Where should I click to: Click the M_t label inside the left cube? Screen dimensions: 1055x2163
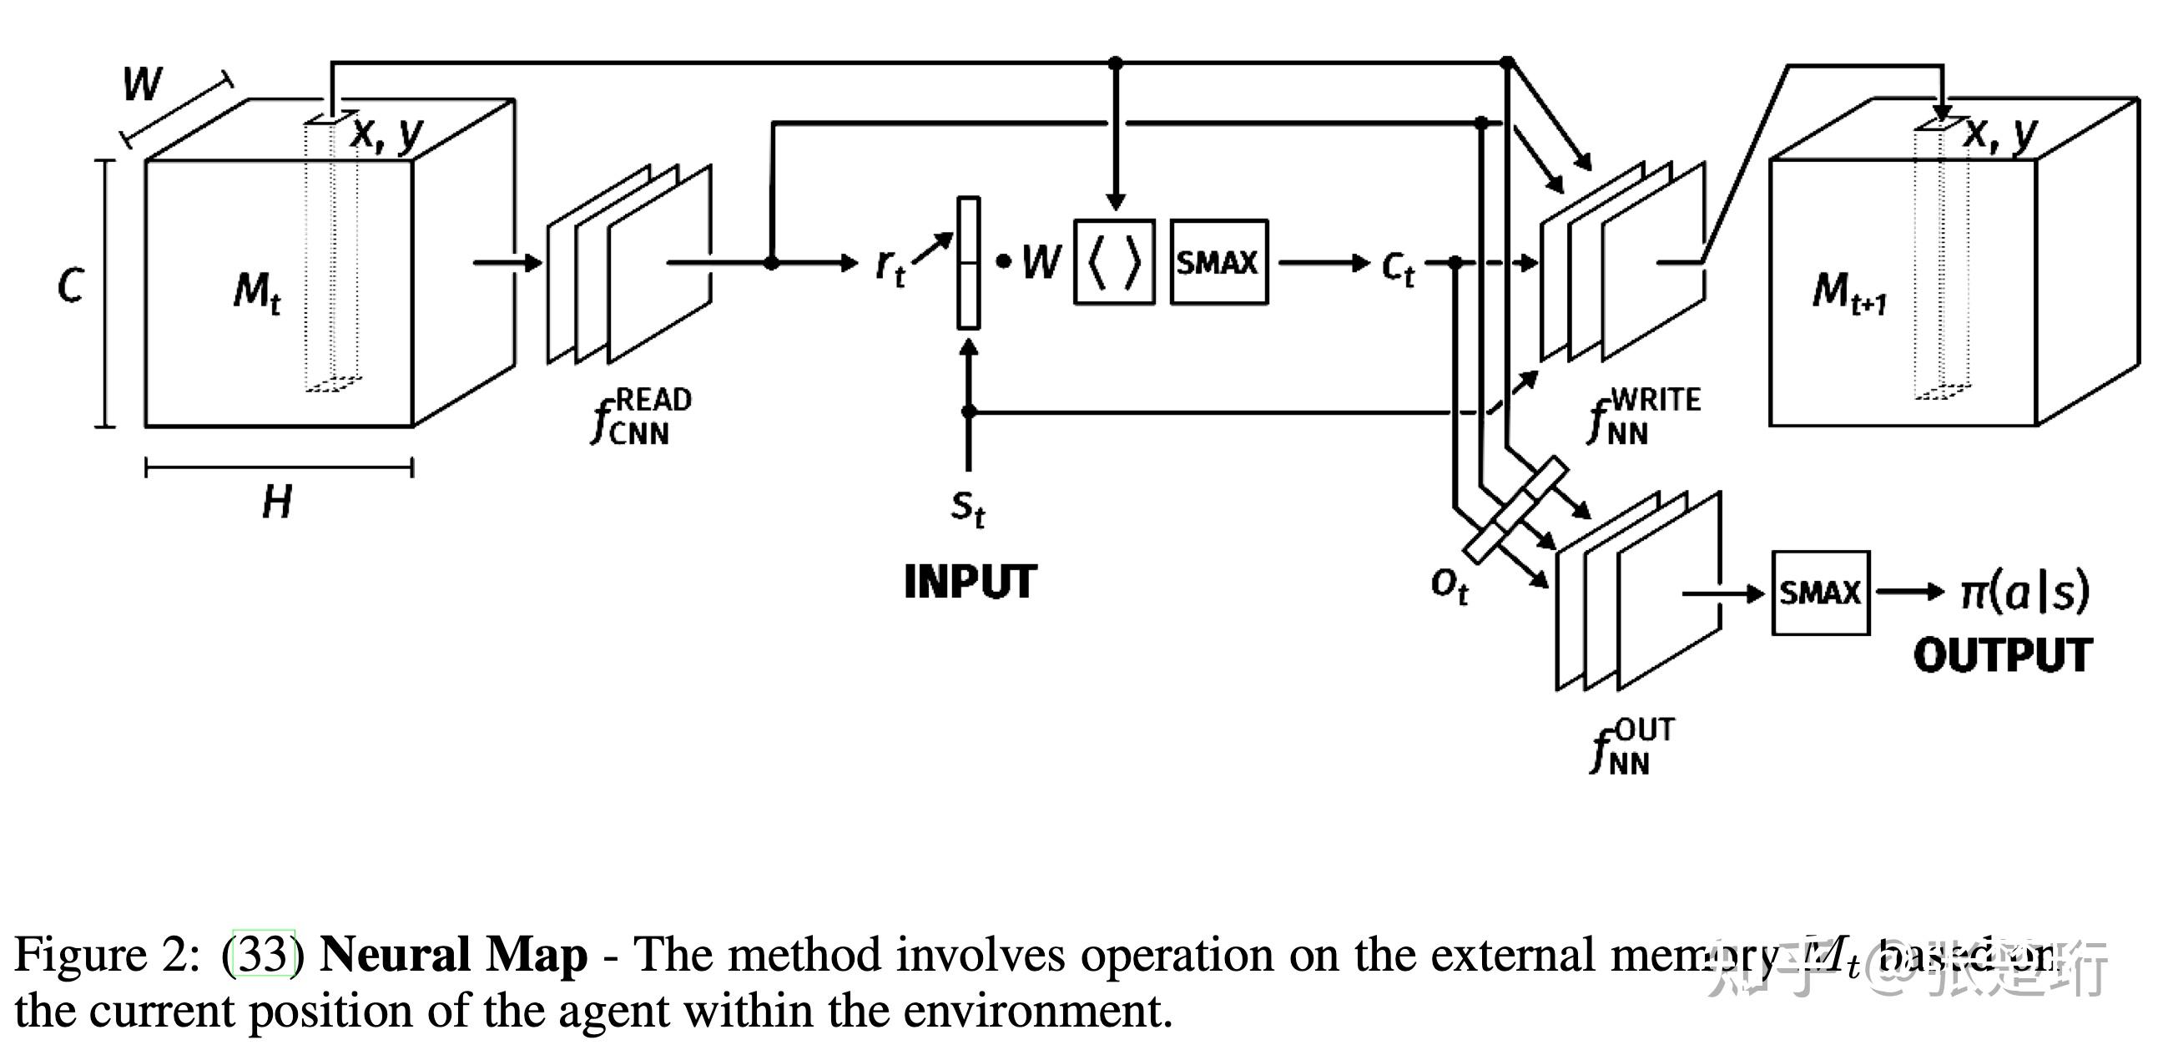tap(257, 292)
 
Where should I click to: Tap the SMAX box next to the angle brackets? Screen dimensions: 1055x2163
tap(1218, 263)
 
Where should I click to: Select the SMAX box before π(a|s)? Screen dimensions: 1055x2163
tap(1819, 593)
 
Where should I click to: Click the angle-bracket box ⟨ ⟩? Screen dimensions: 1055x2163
tap(1114, 263)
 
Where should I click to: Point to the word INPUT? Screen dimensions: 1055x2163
tap(970, 582)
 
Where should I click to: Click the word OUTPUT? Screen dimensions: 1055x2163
tap(2003, 656)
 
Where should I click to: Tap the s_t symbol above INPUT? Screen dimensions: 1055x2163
tap(967, 507)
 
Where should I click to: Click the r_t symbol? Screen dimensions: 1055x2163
tap(890, 267)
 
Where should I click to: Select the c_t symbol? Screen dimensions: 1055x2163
tap(1397, 268)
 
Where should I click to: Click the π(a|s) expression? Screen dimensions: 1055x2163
tap(2024, 593)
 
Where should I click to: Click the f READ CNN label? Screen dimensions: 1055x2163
tap(641, 416)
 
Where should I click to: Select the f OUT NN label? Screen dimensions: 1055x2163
tap(1631, 746)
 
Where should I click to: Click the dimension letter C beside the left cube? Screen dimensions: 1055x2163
tap(71, 285)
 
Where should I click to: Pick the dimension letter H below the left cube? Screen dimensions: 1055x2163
tap(277, 503)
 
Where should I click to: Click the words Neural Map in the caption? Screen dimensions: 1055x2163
tap(452, 956)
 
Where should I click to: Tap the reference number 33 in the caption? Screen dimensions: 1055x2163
tap(263, 956)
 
